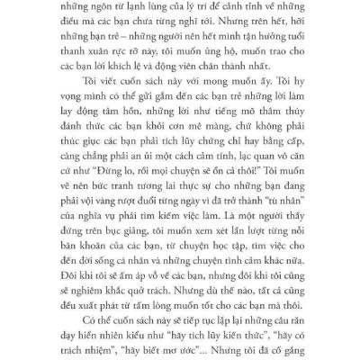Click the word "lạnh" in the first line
tap(157, 9)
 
